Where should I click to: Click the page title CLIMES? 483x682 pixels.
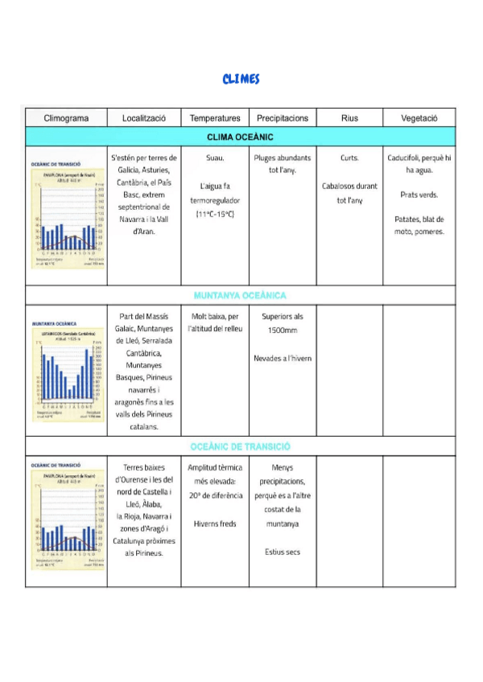point(242,79)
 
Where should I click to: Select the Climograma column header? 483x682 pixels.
point(66,117)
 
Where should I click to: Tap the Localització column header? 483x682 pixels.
point(144,117)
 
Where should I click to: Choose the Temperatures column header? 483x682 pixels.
point(215,117)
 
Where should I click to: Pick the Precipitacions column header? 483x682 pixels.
point(283,117)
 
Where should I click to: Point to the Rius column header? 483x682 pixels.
point(349,117)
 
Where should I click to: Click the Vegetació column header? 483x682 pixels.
point(419,117)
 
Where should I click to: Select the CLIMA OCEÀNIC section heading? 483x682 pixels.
point(241,137)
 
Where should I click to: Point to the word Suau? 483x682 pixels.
point(215,158)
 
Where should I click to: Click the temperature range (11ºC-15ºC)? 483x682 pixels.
point(215,214)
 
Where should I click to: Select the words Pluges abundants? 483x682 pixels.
point(283,158)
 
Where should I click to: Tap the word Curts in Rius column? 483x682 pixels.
point(349,158)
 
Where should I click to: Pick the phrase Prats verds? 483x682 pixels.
point(419,195)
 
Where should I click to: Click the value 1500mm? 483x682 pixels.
point(283,331)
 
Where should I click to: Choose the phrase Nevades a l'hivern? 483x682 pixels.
point(283,358)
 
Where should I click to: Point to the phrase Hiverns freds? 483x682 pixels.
point(215,524)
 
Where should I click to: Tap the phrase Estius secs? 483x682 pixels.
point(283,552)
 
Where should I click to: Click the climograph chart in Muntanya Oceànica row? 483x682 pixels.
point(66,370)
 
